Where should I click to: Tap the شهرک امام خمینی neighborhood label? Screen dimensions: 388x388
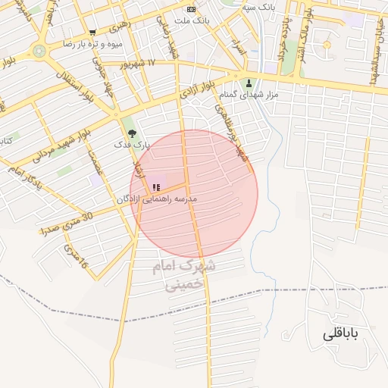[x=183, y=275]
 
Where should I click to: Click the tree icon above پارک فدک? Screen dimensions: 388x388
[x=133, y=133]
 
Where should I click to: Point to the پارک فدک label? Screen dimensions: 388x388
[x=133, y=144]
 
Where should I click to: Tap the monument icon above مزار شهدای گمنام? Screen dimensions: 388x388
[x=249, y=83]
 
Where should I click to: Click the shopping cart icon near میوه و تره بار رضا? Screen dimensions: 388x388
[x=92, y=33]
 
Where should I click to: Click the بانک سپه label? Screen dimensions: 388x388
[x=257, y=7]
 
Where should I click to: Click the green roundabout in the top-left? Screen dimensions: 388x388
[x=39, y=52]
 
